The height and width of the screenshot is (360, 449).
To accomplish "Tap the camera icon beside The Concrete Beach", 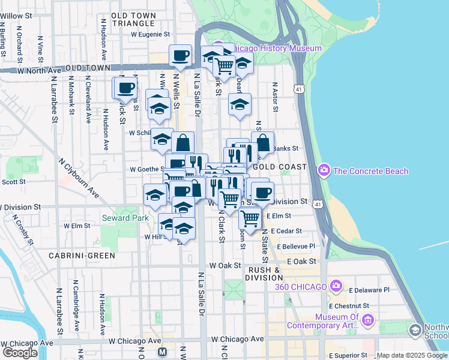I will (x=325, y=171).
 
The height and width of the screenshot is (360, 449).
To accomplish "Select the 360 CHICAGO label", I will (x=301, y=286).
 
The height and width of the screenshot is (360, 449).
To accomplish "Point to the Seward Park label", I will (x=125, y=218).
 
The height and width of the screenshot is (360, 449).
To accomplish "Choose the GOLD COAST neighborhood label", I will (x=280, y=166).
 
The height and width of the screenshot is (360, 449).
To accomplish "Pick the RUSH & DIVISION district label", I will (x=265, y=274).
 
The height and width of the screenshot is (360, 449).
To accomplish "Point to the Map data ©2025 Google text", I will (x=412, y=355).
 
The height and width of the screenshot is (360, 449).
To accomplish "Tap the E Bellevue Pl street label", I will (x=295, y=246).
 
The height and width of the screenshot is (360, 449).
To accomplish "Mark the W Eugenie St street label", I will (x=151, y=35).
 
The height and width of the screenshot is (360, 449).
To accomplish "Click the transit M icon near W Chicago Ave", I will (x=161, y=352).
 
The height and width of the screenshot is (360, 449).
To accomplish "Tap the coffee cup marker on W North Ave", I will (x=181, y=56).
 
